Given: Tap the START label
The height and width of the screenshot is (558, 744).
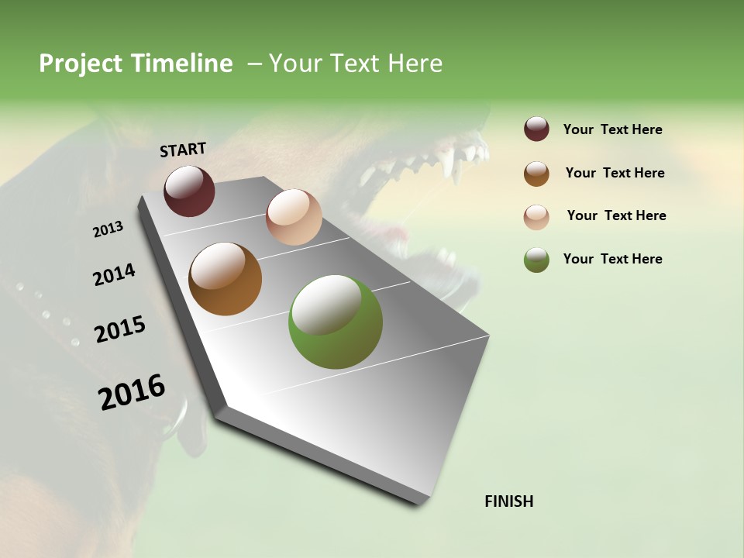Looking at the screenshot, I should pos(183,150).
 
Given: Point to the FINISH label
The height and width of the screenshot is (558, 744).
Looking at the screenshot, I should pos(508,501).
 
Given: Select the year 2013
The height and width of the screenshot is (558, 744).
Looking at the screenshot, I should pos(108,229).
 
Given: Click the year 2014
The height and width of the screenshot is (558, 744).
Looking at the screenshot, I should pos(114,274).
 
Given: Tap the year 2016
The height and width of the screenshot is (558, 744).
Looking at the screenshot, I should pos(132,391).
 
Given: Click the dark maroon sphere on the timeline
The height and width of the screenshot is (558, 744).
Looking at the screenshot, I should pos(189,191).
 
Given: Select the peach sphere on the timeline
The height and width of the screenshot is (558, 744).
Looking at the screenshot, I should pos(294,217).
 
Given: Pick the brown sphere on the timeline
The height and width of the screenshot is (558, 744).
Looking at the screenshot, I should pos(225,279).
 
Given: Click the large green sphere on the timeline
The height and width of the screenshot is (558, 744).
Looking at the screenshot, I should pos(335,322).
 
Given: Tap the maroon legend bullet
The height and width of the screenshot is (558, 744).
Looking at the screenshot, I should pos(536,129).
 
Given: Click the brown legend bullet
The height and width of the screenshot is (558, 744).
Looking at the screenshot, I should pos(536,173).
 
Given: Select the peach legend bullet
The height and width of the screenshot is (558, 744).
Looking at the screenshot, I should pos(536,216).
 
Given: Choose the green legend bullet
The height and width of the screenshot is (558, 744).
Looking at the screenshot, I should pos(536,260).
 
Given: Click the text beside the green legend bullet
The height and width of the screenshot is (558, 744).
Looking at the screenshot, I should pos(612,259).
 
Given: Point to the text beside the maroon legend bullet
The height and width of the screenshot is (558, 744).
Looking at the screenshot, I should pos(612,129).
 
